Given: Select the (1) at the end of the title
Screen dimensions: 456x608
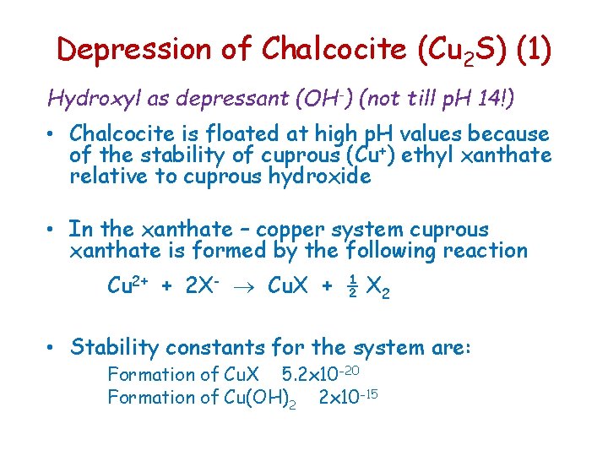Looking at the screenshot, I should (532, 49).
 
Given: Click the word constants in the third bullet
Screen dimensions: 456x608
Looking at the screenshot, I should (219, 346).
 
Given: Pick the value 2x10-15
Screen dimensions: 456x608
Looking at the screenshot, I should (347, 396).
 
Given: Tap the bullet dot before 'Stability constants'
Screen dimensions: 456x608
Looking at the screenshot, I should (52, 347).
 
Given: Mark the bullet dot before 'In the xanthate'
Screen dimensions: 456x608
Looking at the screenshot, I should (52, 230).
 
